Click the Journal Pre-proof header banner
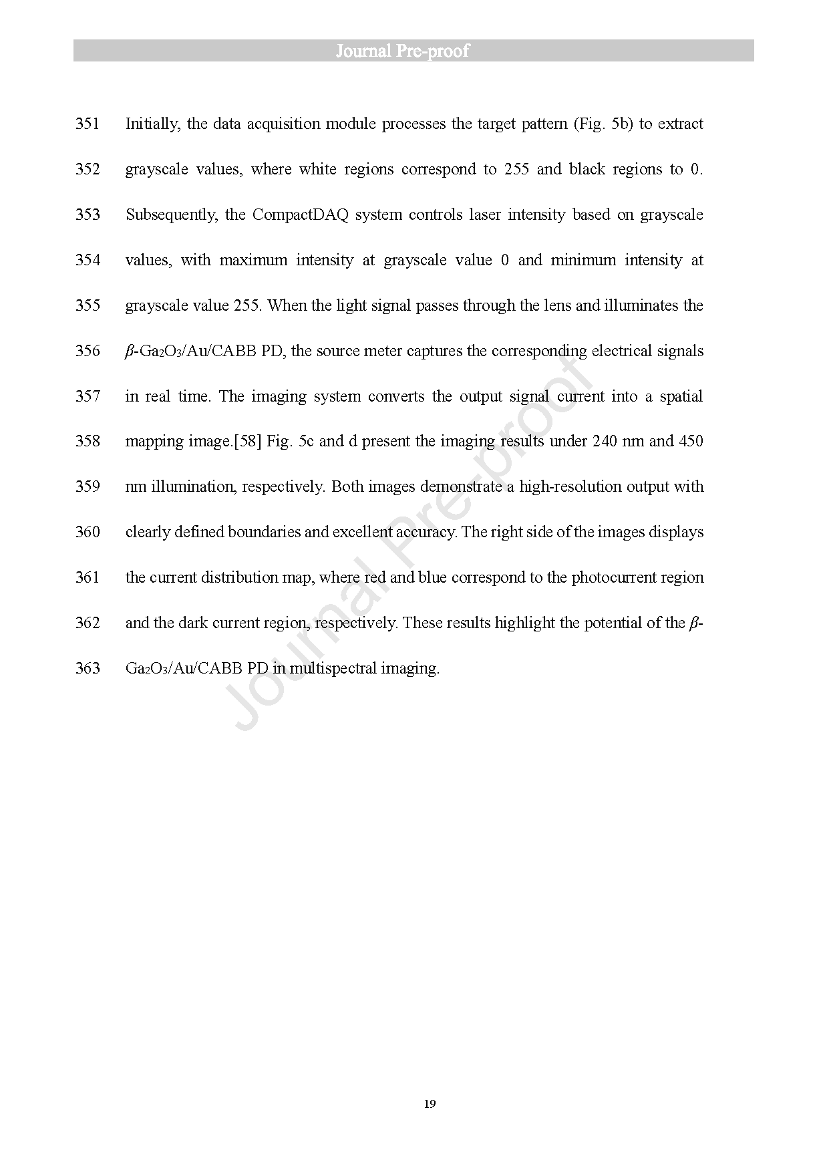tap(413, 51)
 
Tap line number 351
tap(88, 124)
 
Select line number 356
tap(88, 351)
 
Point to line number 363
tap(88, 668)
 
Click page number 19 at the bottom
tap(430, 1103)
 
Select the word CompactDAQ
tap(301, 215)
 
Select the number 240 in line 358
tap(605, 441)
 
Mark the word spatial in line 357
tap(681, 396)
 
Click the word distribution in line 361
tap(241, 577)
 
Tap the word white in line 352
tap(317, 169)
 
